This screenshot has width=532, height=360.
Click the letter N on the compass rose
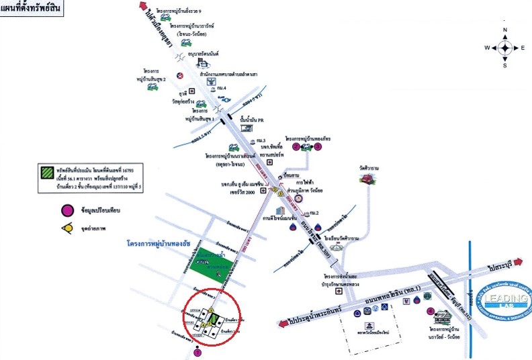(505, 30)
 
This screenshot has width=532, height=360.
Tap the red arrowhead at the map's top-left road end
(142, 6)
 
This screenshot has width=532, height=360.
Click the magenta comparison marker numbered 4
(429, 311)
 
